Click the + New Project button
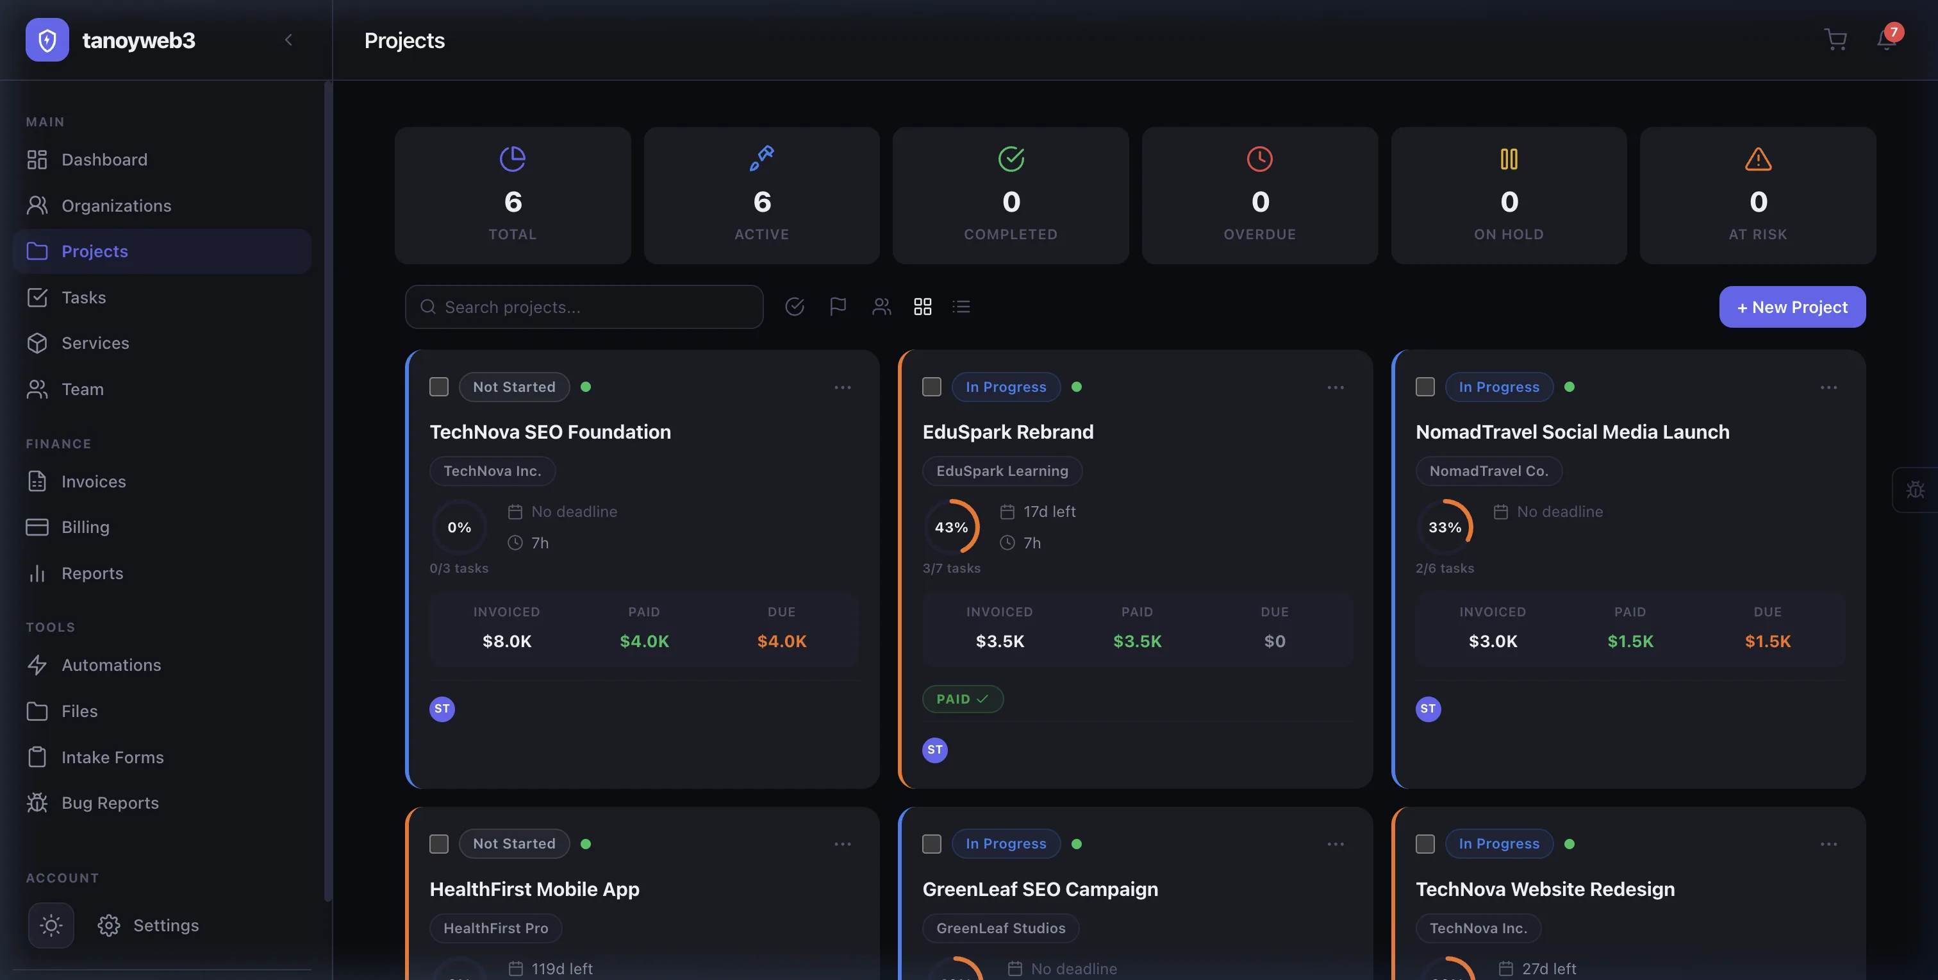coord(1791,307)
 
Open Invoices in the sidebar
coord(94,482)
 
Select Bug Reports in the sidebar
coord(110,803)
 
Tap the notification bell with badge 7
coord(1886,39)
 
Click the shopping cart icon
coord(1835,39)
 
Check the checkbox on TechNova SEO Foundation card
coord(438,387)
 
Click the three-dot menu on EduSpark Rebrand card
coord(1336,387)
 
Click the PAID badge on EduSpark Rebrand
coord(962,699)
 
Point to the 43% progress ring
coord(951,528)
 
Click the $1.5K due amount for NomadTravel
coord(1768,641)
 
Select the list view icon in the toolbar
coord(961,307)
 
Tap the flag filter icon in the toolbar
coord(838,307)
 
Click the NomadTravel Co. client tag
coord(1488,471)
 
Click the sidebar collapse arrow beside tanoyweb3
coord(288,40)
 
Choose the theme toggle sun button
coord(51,925)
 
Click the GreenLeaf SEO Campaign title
coord(1039,890)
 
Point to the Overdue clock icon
coord(1259,159)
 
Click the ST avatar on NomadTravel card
coord(1428,709)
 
